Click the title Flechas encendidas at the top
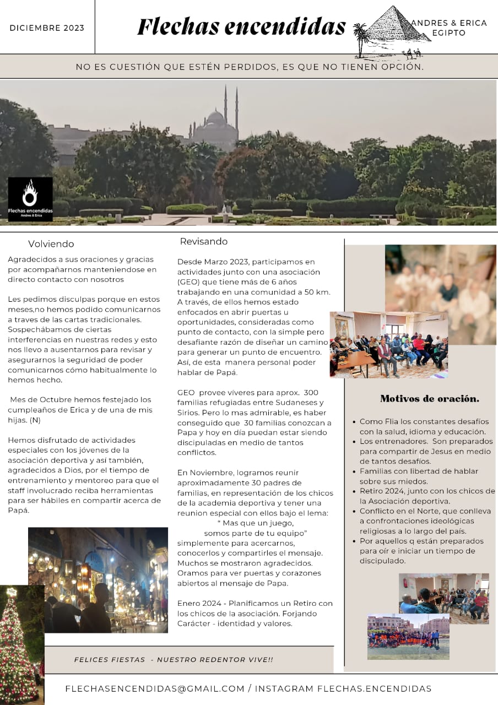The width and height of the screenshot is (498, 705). coord(241,26)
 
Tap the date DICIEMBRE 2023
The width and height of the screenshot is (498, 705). coord(47,28)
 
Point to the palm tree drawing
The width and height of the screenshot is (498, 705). coord(361,39)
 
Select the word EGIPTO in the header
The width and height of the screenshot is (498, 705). coord(449,33)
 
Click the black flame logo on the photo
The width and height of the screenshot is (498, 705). coord(30,199)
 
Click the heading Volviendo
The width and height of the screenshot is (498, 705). coord(51,244)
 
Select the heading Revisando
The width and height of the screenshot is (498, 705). coord(203,242)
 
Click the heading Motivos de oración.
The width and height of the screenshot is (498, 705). coord(429,399)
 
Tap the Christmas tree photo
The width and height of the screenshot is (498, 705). coord(21,644)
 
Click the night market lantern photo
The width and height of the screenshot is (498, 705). coord(98,579)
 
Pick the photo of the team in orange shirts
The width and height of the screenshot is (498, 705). coord(408,637)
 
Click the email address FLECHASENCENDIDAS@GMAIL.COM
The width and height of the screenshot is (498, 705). coord(154,688)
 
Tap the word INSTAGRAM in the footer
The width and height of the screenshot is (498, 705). coord(284,688)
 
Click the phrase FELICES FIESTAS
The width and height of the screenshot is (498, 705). coord(109,659)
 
